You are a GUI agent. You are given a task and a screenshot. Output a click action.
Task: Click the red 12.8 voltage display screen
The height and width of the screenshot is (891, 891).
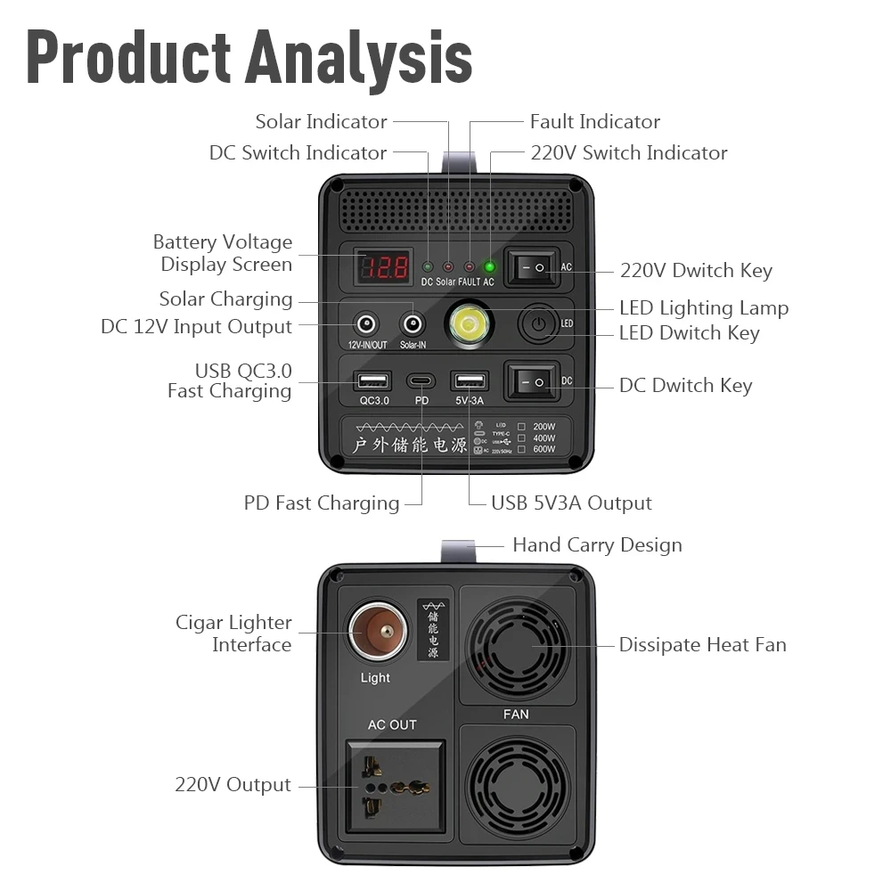tap(384, 266)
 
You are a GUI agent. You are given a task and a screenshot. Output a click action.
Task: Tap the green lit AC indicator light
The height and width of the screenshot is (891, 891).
tap(488, 266)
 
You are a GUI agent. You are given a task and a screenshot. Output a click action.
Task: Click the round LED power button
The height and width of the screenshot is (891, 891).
tap(537, 323)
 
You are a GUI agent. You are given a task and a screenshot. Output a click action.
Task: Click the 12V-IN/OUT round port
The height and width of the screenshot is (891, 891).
tap(366, 323)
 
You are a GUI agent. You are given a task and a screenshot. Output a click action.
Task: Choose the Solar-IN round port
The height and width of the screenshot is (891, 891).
tap(413, 323)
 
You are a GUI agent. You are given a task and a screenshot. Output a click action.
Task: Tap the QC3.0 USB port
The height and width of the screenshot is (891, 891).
tap(368, 381)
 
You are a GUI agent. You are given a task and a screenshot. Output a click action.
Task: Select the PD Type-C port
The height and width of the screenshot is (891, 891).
tap(421, 381)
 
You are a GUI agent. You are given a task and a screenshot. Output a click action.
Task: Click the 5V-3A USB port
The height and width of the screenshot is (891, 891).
tap(469, 381)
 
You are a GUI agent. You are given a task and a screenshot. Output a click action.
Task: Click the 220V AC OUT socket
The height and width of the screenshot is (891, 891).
tap(395, 787)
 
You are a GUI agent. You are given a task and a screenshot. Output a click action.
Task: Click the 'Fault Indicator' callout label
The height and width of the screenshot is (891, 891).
tap(594, 121)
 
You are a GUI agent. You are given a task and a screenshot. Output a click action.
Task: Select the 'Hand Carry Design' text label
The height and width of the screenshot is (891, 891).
tap(597, 544)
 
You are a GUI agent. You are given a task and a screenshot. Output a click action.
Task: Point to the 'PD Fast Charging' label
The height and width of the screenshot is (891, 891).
tap(322, 503)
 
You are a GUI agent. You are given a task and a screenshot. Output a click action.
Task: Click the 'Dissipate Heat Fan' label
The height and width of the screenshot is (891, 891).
tap(702, 644)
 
